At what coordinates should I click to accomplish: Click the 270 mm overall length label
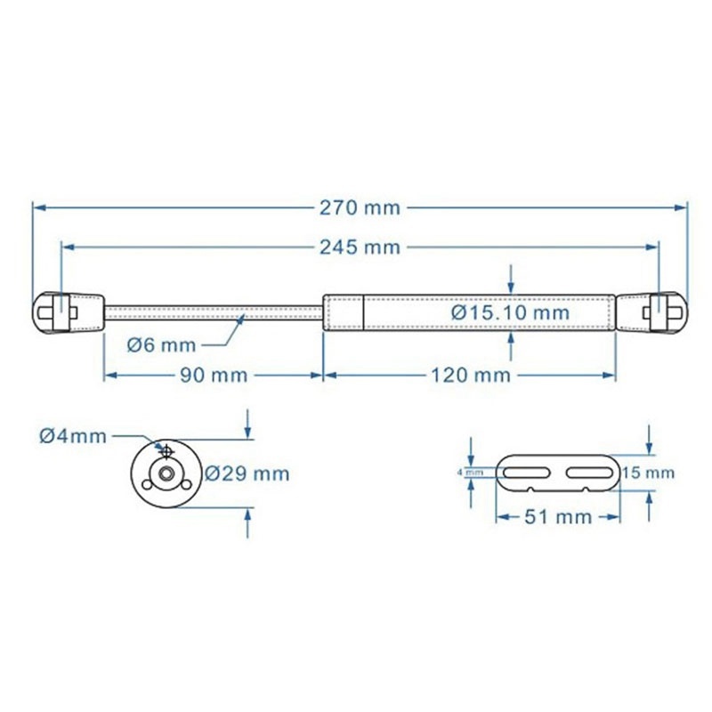360,208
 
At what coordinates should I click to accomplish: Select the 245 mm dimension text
360,247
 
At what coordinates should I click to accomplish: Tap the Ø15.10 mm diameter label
509,313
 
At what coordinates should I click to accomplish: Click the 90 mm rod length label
213,376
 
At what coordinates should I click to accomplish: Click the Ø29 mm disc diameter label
247,473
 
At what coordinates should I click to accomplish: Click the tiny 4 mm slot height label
471,473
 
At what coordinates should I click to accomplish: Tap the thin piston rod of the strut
214,312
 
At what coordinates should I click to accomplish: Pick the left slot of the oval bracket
529,472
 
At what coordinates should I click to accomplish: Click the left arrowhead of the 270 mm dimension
38,208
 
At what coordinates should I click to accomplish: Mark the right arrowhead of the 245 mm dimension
654,247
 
